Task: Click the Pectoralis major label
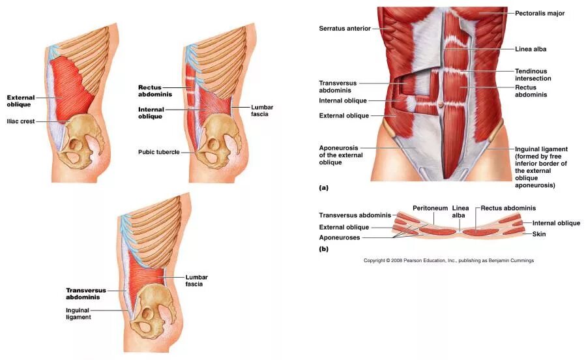pos(539,13)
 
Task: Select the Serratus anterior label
pos(345,29)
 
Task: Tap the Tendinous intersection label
pos(533,74)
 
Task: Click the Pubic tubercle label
pos(158,152)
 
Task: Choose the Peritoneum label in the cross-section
pos(430,208)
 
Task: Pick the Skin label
pos(539,233)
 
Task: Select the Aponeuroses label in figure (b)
pos(340,237)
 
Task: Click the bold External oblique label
pos(21,100)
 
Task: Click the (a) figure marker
pos(323,188)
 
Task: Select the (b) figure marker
pos(323,249)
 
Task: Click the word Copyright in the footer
pos(375,260)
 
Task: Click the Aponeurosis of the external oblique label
pos(339,155)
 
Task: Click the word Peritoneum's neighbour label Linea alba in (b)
pos(460,211)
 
